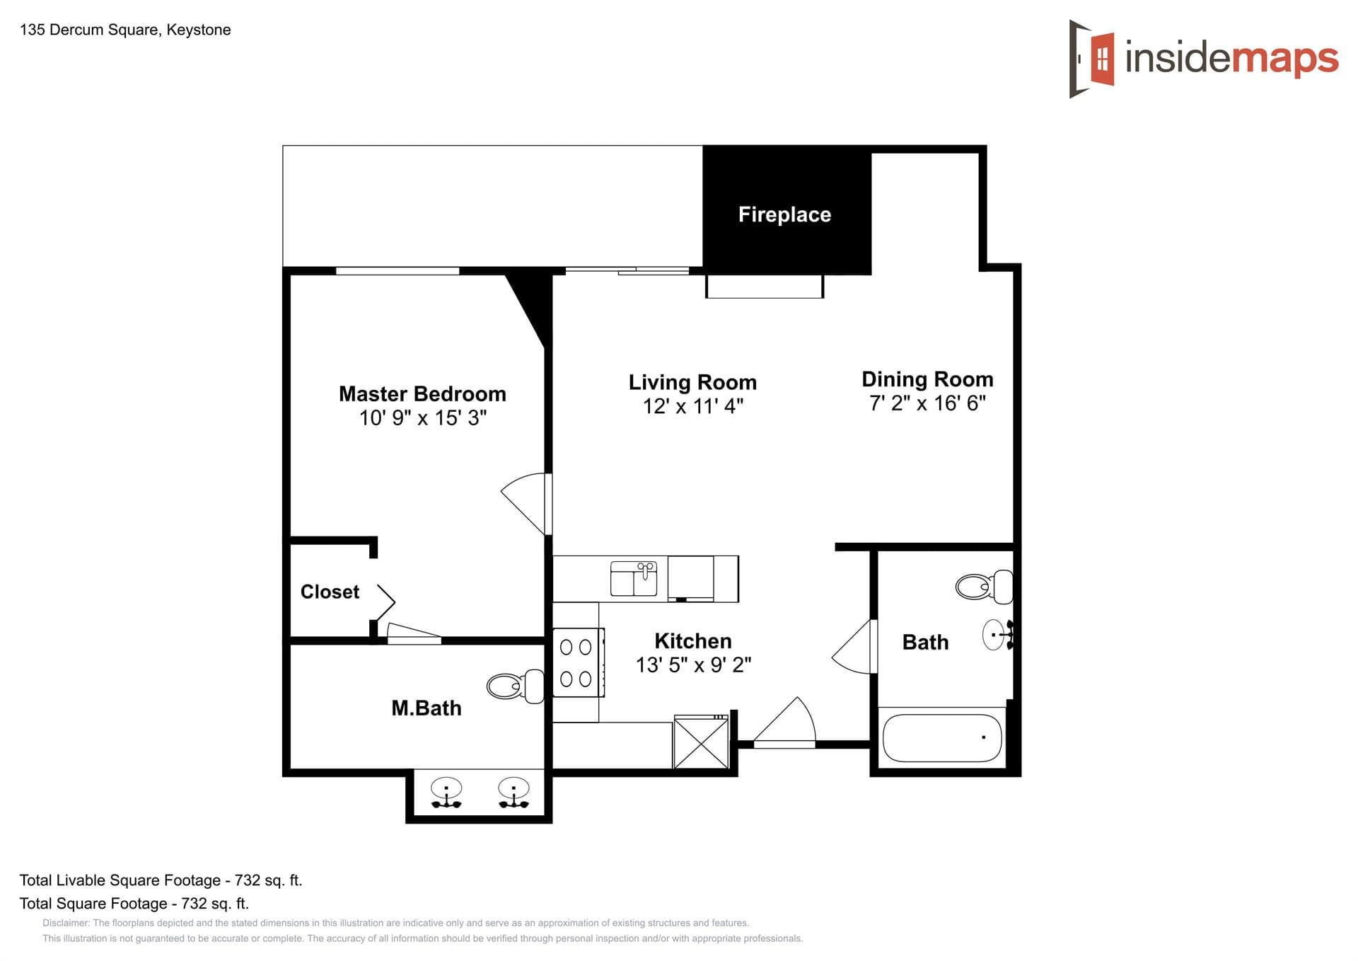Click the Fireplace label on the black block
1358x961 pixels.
784,214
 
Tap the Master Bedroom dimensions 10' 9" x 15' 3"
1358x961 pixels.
422,418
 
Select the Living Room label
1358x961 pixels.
692,382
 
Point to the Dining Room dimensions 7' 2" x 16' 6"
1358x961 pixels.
927,403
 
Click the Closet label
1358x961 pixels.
330,592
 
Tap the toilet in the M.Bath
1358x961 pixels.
515,686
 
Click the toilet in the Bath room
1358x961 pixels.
984,586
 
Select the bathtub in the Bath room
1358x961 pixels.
941,737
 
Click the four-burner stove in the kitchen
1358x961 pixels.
576,663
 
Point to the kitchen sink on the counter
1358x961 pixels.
634,578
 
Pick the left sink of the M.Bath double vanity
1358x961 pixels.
446,791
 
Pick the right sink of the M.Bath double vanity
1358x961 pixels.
513,791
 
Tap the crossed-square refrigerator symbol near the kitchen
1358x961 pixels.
701,742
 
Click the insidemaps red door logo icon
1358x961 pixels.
1102,59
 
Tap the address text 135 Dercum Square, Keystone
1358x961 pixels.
125,30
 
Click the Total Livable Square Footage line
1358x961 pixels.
161,880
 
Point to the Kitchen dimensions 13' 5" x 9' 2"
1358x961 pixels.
693,665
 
